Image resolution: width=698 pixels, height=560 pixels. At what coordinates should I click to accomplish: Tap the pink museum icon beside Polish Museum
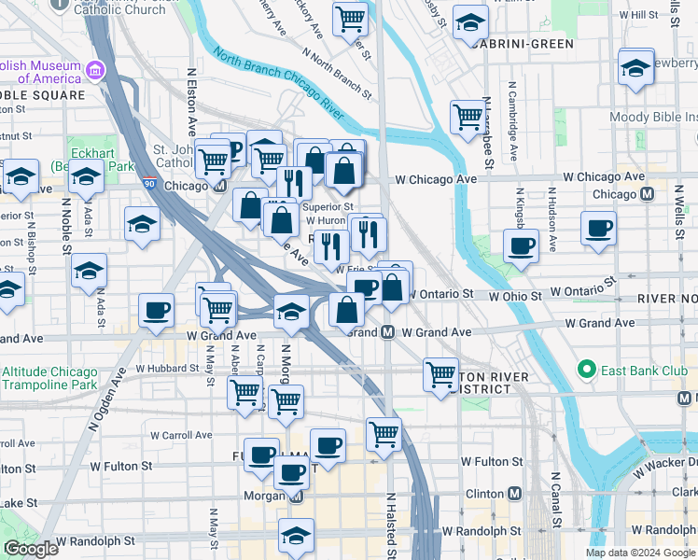tap(94, 71)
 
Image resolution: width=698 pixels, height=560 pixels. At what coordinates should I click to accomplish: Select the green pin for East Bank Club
tap(586, 370)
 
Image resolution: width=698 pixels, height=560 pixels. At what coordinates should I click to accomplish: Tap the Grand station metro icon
tap(387, 332)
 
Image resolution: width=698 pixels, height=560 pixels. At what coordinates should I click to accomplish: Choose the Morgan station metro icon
tap(296, 496)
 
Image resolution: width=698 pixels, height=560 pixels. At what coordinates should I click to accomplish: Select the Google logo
tap(31, 549)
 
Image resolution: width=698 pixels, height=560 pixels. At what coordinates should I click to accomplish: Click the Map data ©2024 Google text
tap(640, 553)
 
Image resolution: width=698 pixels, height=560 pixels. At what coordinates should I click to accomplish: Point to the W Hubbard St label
tap(168, 369)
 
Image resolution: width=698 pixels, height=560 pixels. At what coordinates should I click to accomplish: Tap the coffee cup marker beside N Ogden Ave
tap(156, 310)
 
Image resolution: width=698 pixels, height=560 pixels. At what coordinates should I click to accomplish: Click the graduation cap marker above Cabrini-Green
tap(471, 21)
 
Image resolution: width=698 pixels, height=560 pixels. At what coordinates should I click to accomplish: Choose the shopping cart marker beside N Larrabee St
tap(467, 117)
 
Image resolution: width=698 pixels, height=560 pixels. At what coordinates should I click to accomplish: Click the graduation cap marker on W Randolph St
tap(296, 536)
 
